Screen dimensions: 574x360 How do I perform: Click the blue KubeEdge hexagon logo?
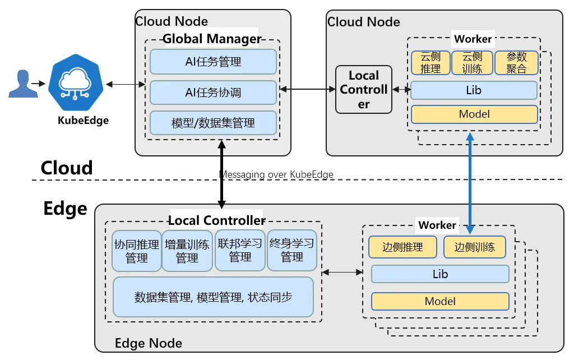click(76, 82)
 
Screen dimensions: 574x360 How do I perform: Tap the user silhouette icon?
click(23, 84)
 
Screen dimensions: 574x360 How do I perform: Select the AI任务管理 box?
click(213, 62)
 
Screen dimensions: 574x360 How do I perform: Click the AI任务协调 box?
click(213, 93)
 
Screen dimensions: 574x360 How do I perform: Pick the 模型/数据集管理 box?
click(213, 123)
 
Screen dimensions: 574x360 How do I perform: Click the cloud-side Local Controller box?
click(363, 89)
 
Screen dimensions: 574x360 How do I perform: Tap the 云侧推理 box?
click(430, 63)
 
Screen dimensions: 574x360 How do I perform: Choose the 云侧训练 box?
click(472, 63)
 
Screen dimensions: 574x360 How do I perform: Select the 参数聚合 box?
click(516, 63)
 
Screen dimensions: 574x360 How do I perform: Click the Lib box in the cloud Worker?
click(474, 90)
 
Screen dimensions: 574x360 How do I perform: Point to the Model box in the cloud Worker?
click(474, 114)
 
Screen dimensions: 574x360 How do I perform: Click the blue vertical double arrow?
click(470, 183)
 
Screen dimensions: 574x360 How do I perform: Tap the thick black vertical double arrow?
click(221, 174)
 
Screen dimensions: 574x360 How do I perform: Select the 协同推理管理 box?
click(137, 251)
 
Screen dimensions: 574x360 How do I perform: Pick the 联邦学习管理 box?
click(240, 251)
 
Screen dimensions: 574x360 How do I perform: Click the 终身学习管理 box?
click(291, 251)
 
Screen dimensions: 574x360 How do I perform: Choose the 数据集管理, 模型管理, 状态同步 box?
click(213, 297)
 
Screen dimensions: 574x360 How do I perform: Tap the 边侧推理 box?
click(402, 247)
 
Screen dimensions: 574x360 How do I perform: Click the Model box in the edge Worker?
click(440, 302)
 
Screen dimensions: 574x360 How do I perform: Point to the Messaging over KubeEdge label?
click(276, 174)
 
